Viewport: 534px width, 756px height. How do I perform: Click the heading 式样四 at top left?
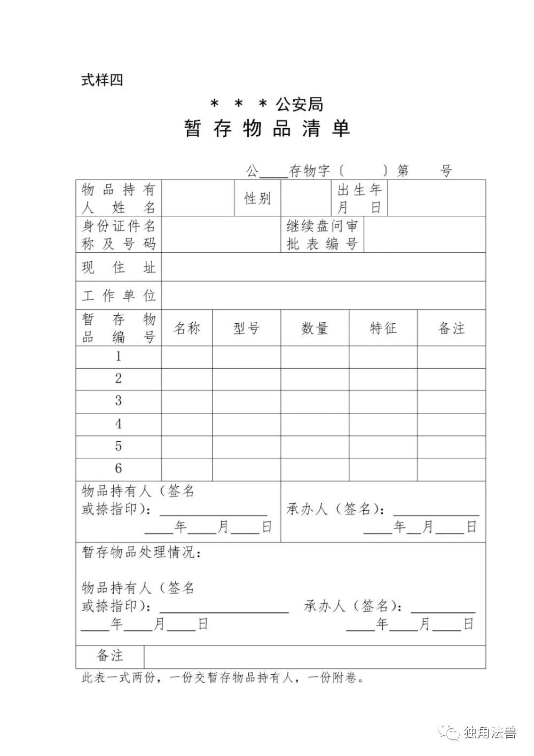[x=102, y=80]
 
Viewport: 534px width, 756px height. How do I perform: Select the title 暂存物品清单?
[x=267, y=129]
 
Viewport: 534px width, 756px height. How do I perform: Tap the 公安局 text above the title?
[x=299, y=104]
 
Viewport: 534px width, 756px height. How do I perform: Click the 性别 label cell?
[x=258, y=199]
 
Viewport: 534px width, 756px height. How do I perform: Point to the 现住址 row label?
[x=119, y=267]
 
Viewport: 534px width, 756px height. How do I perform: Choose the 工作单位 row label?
[x=119, y=295]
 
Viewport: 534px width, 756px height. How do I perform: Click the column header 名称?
[x=187, y=328]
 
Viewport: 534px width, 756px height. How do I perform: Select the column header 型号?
[x=246, y=328]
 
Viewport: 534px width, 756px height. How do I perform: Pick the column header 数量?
[x=315, y=328]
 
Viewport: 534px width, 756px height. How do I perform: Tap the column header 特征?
[x=383, y=328]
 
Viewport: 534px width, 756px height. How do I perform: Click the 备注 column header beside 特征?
[x=451, y=328]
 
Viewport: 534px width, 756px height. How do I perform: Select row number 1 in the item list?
[x=119, y=356]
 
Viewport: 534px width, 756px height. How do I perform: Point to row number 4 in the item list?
[x=119, y=424]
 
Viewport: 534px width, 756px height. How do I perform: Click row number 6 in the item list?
[x=119, y=469]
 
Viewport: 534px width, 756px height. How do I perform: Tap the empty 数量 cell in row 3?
[x=315, y=402]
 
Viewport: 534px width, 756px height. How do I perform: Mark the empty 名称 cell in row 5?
[x=187, y=447]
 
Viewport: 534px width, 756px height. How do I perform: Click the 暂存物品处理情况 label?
[x=142, y=552]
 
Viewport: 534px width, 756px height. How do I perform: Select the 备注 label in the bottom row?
[x=110, y=656]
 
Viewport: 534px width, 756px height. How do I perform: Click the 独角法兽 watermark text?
[x=490, y=732]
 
